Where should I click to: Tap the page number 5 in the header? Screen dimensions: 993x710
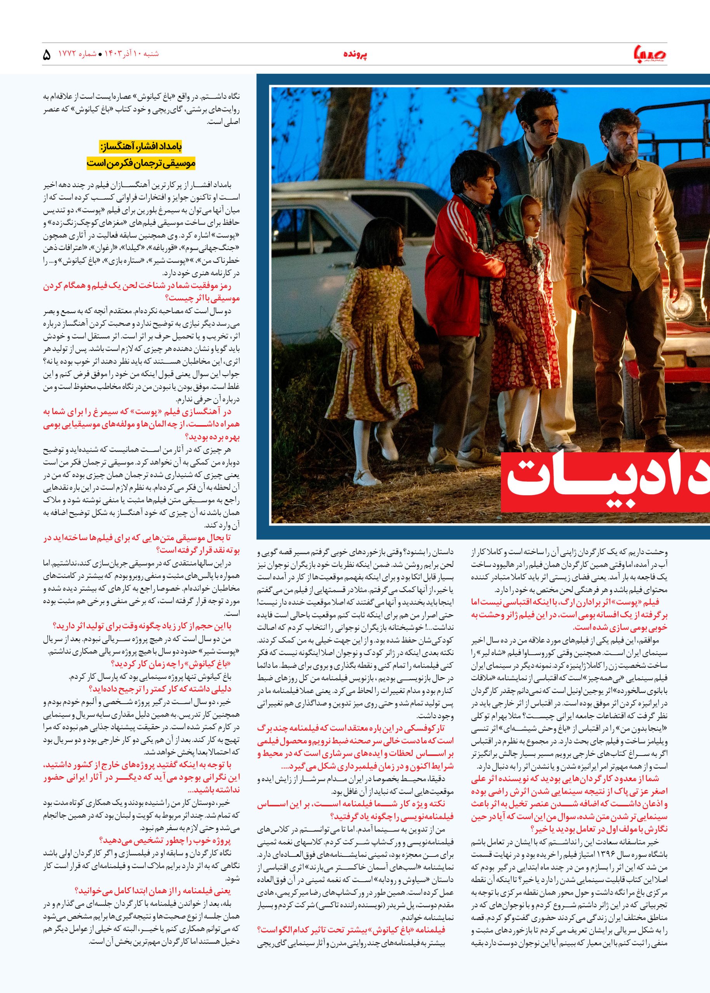tap(47, 55)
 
